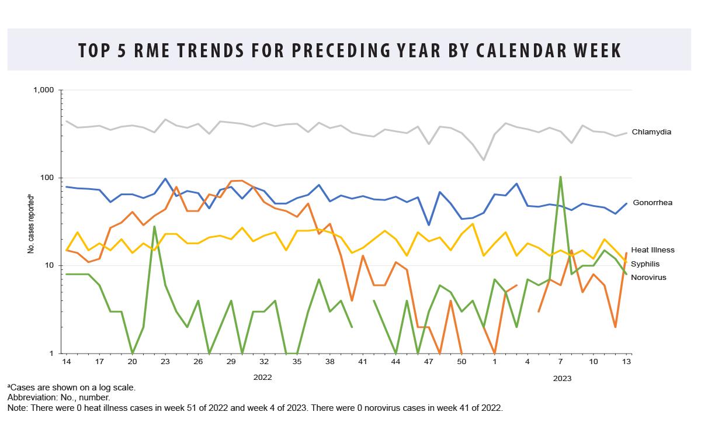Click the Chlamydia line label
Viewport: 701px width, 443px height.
(651, 132)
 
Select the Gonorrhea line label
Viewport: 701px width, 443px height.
(652, 203)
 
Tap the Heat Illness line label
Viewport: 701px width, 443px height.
(653, 250)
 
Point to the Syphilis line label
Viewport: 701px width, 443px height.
(646, 264)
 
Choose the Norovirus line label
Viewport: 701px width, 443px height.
(648, 277)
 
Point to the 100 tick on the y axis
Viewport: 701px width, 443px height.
(47, 178)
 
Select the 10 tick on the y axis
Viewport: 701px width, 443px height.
(48, 265)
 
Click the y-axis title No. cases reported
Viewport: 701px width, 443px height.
(31, 221)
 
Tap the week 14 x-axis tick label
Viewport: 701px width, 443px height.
(67, 362)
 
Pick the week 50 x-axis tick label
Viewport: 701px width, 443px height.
(461, 362)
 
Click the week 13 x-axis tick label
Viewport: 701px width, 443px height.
(626, 362)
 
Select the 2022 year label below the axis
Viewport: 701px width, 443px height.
(262, 378)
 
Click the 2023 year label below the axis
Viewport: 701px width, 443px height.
(562, 379)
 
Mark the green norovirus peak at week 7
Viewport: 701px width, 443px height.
(561, 177)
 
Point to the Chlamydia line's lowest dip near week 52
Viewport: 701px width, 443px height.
(484, 160)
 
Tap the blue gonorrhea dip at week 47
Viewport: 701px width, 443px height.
(429, 224)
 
